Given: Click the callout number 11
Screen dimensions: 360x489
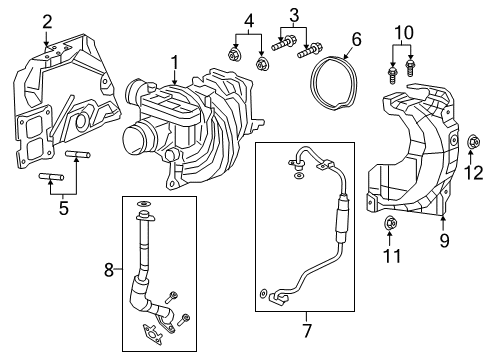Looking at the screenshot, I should (392, 257).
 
